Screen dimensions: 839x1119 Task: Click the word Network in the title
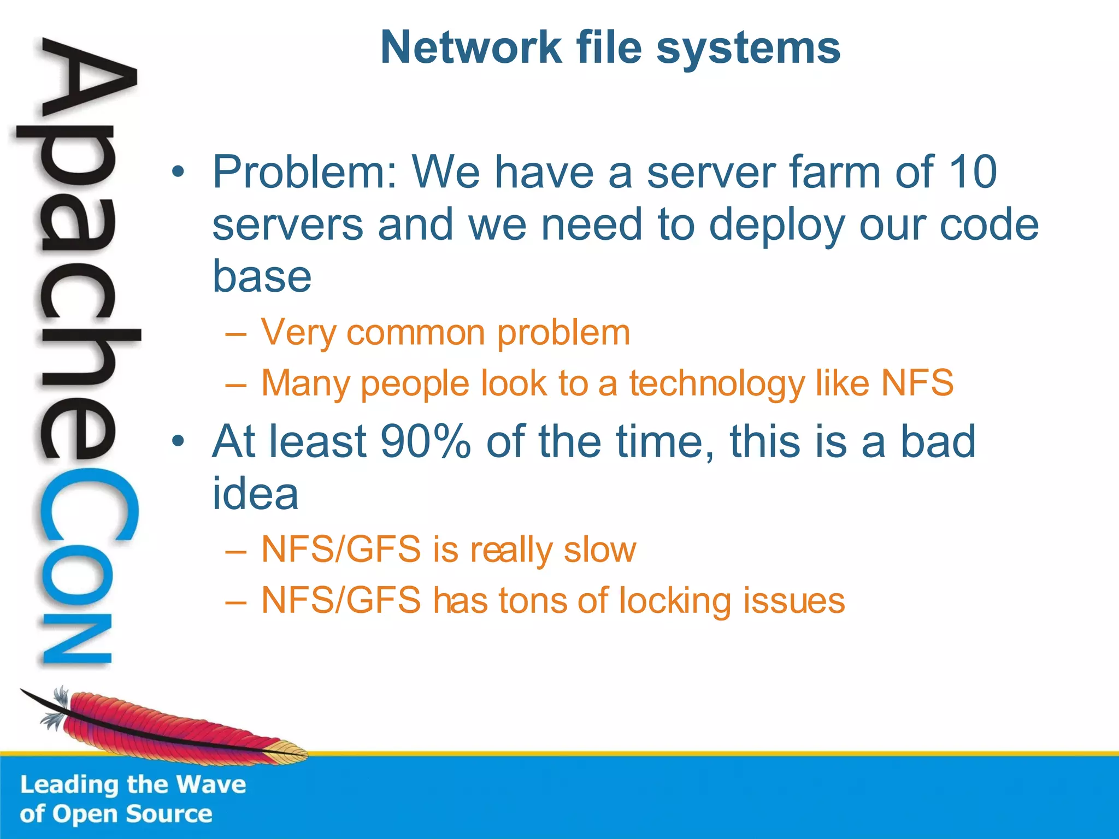tap(470, 48)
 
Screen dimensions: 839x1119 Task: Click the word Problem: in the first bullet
tap(305, 172)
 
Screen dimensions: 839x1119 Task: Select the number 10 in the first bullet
tap(973, 172)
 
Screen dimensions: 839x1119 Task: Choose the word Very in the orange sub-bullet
tap(298, 333)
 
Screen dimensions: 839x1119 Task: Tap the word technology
tap(716, 383)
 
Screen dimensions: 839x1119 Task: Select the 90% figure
tap(426, 441)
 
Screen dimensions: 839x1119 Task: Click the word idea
tap(255, 493)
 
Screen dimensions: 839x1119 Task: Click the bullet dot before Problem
tap(177, 173)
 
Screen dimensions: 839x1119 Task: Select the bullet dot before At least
tap(177, 441)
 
